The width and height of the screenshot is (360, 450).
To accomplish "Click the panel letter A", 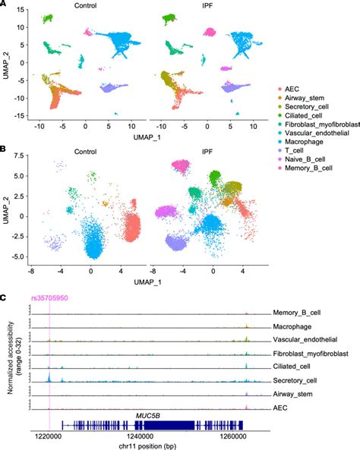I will click(5, 5).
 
